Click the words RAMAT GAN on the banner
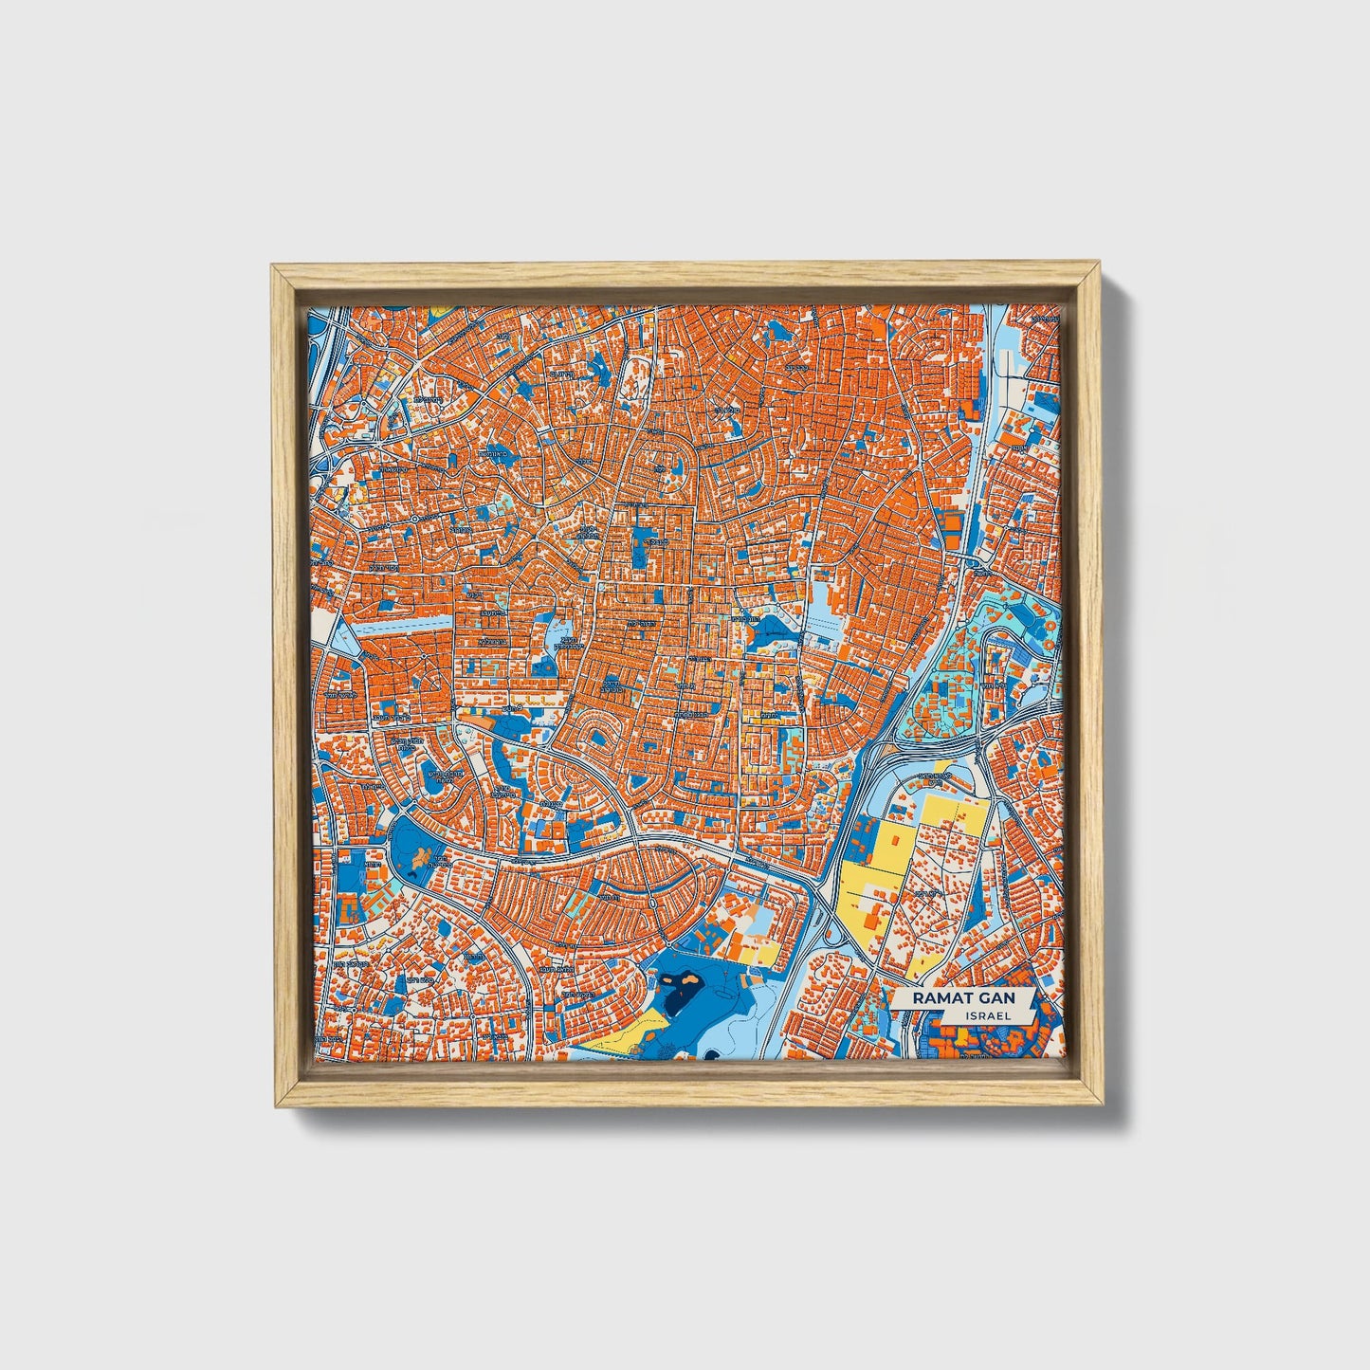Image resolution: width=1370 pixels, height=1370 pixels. (x=961, y=998)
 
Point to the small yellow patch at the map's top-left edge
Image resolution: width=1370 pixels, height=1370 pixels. (x=439, y=310)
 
